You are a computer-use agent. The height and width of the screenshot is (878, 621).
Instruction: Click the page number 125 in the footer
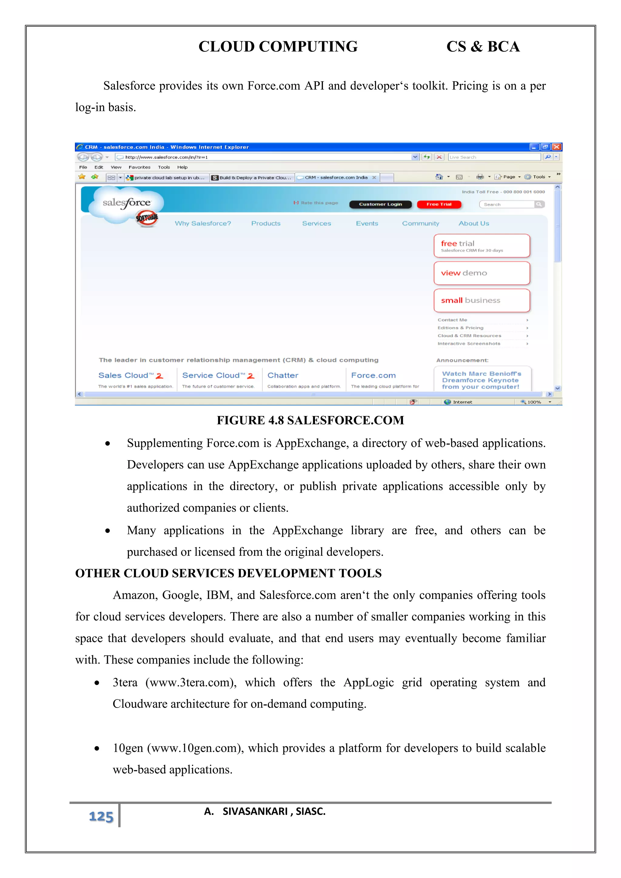(101, 816)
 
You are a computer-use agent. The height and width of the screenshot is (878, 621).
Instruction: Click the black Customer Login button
(380, 204)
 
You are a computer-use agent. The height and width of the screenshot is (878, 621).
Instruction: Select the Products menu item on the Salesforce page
(266, 223)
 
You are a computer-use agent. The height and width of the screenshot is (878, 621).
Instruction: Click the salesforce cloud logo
(126, 203)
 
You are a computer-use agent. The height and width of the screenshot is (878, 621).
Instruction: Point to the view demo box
(482, 273)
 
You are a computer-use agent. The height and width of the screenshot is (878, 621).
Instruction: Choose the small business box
(482, 300)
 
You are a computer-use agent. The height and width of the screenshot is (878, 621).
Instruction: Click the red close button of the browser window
(557, 147)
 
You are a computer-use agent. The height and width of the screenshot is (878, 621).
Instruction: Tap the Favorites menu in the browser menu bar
(139, 167)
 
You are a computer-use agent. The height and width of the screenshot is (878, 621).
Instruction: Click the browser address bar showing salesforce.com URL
(264, 157)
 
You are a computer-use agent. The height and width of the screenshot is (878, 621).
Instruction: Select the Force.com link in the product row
(373, 376)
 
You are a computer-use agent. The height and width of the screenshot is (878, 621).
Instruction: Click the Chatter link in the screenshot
(283, 376)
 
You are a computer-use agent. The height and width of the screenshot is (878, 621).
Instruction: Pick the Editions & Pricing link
(460, 328)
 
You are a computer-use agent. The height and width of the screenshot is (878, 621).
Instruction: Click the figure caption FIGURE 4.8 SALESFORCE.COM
(310, 420)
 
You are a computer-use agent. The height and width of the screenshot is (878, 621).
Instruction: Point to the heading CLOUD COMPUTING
(278, 47)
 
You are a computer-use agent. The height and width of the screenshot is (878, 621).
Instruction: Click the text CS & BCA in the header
(483, 47)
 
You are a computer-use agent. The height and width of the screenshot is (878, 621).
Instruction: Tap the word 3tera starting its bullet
(125, 682)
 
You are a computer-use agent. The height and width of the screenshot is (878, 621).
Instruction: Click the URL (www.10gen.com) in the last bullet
(195, 748)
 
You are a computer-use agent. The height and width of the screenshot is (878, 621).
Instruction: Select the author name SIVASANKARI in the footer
(255, 812)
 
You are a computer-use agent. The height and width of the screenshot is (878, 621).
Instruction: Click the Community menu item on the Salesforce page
(420, 223)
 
